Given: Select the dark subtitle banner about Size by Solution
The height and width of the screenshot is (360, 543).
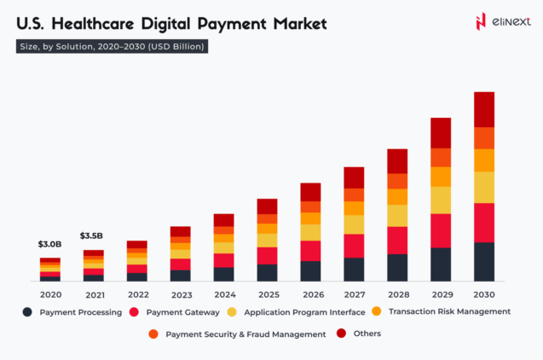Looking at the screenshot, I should point(112,47).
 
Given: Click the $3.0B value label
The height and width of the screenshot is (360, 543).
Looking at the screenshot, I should point(50,245).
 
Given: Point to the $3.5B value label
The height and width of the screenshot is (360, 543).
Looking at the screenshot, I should point(92,235).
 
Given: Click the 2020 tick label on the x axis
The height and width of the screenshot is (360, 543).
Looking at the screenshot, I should point(50,294).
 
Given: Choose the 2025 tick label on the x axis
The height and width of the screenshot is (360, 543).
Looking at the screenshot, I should point(267,294).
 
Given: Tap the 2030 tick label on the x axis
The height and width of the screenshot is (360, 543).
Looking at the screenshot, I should point(484,294).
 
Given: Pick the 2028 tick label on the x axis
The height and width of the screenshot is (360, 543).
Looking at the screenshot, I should point(397,294).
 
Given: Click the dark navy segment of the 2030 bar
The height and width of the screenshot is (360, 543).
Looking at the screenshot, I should point(484,262).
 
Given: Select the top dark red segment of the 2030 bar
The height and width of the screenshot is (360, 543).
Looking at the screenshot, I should point(484,109).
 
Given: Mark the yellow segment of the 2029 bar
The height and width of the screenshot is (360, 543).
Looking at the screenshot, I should point(441,200).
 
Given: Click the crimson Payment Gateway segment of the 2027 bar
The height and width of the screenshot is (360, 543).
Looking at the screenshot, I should point(354,246).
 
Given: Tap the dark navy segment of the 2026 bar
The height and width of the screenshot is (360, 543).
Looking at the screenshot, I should point(310,271).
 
